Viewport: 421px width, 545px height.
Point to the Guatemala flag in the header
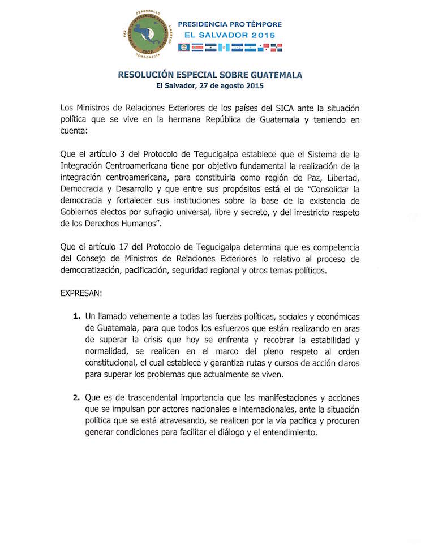(223, 48)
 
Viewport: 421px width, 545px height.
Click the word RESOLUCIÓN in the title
(144, 74)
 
